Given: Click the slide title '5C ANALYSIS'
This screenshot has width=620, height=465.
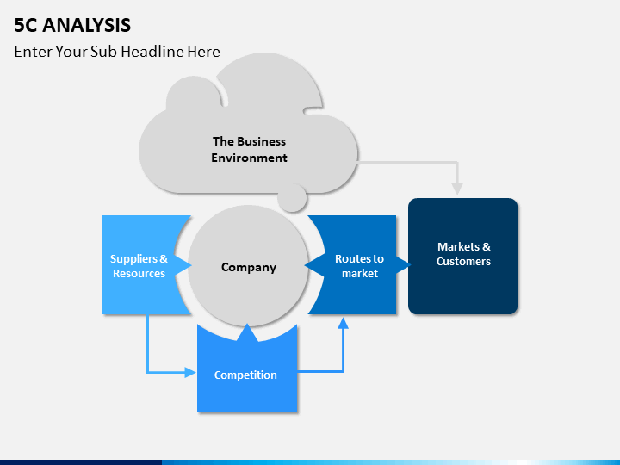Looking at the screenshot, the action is coord(72,25).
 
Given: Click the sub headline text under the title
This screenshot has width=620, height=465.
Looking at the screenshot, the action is coord(117,52).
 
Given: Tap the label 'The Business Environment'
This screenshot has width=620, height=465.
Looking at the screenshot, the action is coord(249,150).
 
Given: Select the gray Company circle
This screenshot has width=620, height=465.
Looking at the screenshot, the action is coord(248,266).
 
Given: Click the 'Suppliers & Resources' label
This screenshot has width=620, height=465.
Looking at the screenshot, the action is coord(139,266).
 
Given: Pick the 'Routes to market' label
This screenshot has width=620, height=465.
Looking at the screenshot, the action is coord(359,266).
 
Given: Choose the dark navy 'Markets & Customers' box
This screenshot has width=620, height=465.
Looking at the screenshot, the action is coord(463,257).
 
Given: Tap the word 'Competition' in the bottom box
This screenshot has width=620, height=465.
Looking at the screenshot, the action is coord(245,375).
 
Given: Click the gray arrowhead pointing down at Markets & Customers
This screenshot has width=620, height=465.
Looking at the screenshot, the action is coord(457,189).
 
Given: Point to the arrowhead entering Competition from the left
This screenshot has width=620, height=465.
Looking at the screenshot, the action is coord(190,372).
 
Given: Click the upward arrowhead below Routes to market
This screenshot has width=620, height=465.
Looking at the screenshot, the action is coord(344,324).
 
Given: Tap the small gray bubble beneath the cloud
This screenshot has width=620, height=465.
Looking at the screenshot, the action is coord(292,198).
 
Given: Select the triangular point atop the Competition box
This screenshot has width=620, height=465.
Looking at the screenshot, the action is coord(247,332).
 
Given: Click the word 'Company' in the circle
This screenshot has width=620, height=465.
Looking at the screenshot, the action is coord(249,267).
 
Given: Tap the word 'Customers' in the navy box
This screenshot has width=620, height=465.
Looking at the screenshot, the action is coord(463,262).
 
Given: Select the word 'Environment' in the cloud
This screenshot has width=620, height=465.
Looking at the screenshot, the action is coord(249,158).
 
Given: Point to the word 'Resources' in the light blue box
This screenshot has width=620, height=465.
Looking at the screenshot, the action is coord(139,273).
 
